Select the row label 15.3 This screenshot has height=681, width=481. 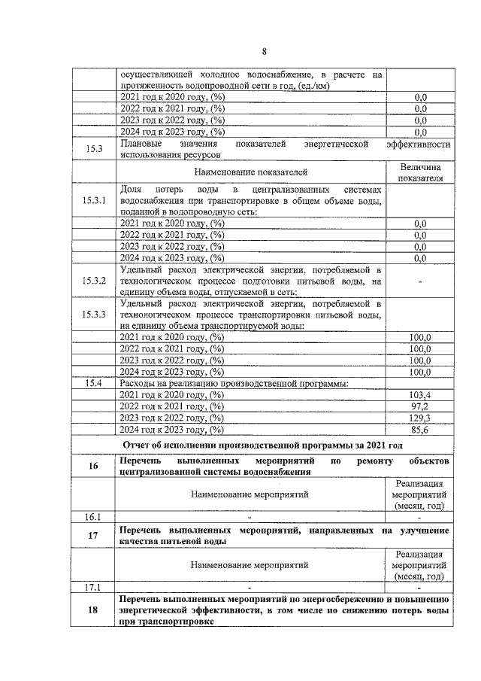click(94, 149)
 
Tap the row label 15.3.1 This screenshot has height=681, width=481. click(94, 201)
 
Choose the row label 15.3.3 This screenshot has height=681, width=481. click(94, 315)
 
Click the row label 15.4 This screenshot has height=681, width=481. click(94, 383)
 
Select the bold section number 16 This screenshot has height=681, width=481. click(94, 466)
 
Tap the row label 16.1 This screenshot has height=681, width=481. click(94, 516)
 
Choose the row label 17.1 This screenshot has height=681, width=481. click(94, 587)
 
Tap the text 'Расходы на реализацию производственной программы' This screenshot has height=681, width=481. click(237, 383)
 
